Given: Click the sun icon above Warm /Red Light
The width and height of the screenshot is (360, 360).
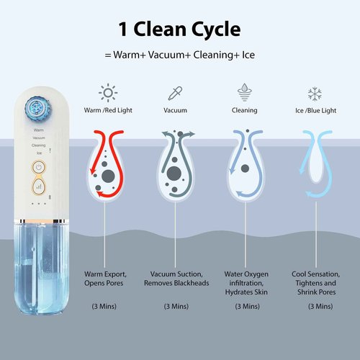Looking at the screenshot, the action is pyautogui.click(x=108, y=93).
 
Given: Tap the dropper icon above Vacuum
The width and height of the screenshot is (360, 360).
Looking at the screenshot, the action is pyautogui.click(x=175, y=93).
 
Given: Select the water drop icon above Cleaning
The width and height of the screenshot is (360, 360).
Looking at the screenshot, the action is pyautogui.click(x=244, y=92).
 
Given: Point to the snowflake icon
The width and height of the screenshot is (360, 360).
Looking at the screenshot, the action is pyautogui.click(x=315, y=94).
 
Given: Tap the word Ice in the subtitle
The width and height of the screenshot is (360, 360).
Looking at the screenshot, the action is pyautogui.click(x=248, y=55).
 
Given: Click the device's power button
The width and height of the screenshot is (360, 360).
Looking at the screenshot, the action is pyautogui.click(x=39, y=167).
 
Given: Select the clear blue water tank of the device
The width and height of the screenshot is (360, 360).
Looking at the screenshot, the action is pyautogui.click(x=42, y=269).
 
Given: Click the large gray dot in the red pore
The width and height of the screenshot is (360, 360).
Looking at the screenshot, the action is pyautogui.click(x=108, y=176).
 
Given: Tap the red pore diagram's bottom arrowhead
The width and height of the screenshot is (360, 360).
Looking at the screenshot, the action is pyautogui.click(x=99, y=194).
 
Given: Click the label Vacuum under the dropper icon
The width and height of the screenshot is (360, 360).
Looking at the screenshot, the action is pyautogui.click(x=175, y=110).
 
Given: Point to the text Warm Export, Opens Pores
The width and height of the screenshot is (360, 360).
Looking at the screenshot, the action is pyautogui.click(x=105, y=279).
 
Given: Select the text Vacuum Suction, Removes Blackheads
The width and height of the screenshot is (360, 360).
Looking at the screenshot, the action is pyautogui.click(x=176, y=279).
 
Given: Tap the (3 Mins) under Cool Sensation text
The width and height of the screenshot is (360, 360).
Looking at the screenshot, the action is pyautogui.click(x=320, y=306).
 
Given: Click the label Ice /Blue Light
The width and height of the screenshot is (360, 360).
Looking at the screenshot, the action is pyautogui.click(x=315, y=111).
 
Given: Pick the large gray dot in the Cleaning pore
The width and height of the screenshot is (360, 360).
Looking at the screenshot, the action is pyautogui.click(x=245, y=168).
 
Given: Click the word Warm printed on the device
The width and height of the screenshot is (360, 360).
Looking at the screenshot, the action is pyautogui.click(x=39, y=130).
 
